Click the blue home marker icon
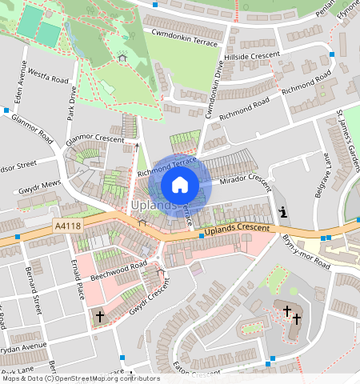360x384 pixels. coord(180,185)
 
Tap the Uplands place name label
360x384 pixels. coord(153,206)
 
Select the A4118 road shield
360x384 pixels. coord(68,227)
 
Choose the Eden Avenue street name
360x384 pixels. coord(23,74)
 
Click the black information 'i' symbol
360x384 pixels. coord(282,212)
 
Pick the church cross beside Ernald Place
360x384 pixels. coord(100,317)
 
